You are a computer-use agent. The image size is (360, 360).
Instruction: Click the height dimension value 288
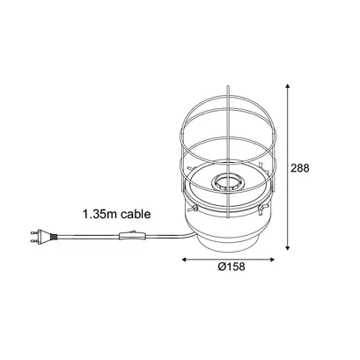tap(299, 168)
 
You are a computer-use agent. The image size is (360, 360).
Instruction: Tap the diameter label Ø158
tap(231, 267)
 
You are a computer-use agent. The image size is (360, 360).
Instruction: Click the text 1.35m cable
tap(117, 214)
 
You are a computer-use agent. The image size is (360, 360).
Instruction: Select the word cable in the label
tap(136, 214)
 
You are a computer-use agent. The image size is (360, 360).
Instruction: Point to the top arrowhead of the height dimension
tap(288, 85)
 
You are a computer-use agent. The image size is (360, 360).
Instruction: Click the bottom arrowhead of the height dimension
tap(288, 248)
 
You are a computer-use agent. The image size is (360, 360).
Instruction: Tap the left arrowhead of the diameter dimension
tap(185, 260)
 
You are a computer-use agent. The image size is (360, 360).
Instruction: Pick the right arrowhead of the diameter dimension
tap(271, 260)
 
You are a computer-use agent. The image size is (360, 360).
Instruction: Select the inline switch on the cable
tap(133, 236)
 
